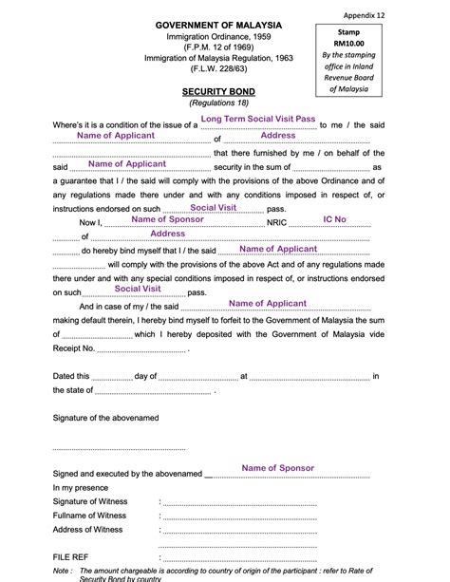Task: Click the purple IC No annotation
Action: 334,219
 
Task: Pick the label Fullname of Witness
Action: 88,514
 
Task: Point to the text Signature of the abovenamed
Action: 105,417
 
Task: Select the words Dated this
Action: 71,376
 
